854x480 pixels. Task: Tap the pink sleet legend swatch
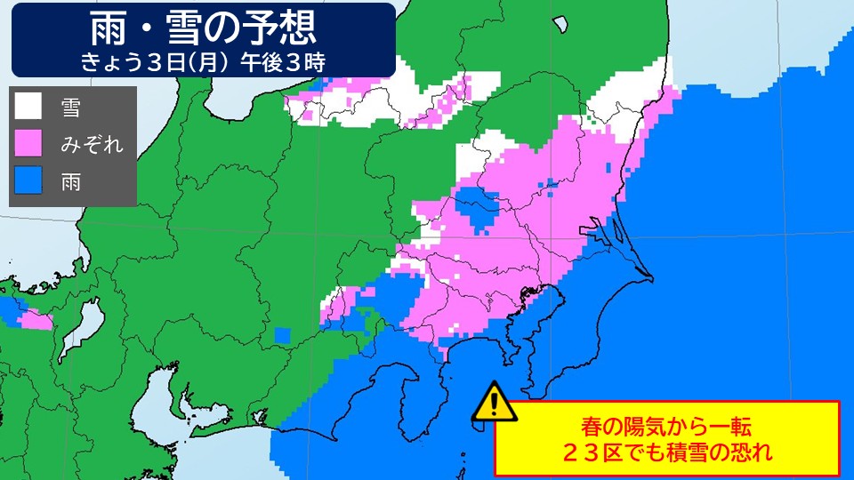point(28,143)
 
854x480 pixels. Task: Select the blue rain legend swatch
point(28,180)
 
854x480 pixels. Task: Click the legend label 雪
point(71,107)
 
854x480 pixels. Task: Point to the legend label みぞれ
point(92,144)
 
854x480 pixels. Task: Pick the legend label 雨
point(71,181)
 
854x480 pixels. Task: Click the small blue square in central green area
point(283,334)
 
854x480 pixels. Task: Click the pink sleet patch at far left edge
point(36,318)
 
